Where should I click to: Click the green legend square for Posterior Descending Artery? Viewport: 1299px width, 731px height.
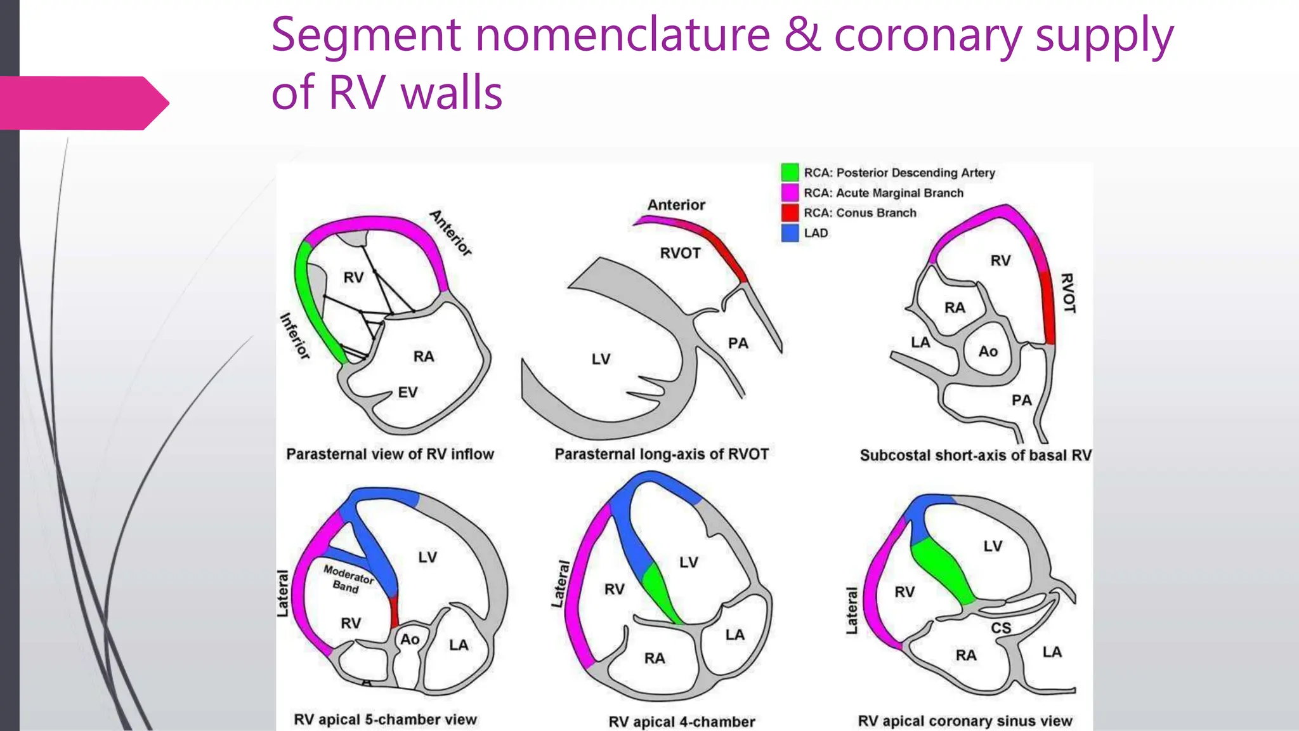click(790, 172)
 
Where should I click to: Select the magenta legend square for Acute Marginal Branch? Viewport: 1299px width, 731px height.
click(790, 192)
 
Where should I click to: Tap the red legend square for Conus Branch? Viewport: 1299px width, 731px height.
click(790, 213)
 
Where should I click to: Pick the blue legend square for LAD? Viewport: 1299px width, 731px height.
click(790, 233)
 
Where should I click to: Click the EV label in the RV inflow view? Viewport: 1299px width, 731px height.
click(408, 393)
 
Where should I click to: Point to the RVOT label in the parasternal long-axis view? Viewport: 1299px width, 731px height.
click(680, 253)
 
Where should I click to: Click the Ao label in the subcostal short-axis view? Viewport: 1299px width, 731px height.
click(988, 352)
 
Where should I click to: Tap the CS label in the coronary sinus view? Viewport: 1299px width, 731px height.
click(1001, 628)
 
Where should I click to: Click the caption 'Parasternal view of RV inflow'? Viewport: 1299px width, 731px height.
click(390, 454)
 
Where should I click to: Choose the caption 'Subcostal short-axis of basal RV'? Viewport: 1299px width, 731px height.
click(976, 455)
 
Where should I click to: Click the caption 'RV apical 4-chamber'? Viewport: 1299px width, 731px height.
click(682, 722)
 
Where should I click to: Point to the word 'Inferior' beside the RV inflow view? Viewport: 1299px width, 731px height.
click(296, 336)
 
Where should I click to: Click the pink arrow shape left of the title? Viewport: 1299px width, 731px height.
click(84, 103)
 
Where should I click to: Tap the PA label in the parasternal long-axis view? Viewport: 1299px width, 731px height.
click(738, 343)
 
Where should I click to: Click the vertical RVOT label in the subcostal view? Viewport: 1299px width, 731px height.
click(1069, 293)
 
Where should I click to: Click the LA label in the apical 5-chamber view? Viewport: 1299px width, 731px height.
click(459, 645)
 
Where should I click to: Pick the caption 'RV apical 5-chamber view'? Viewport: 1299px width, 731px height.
click(385, 720)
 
